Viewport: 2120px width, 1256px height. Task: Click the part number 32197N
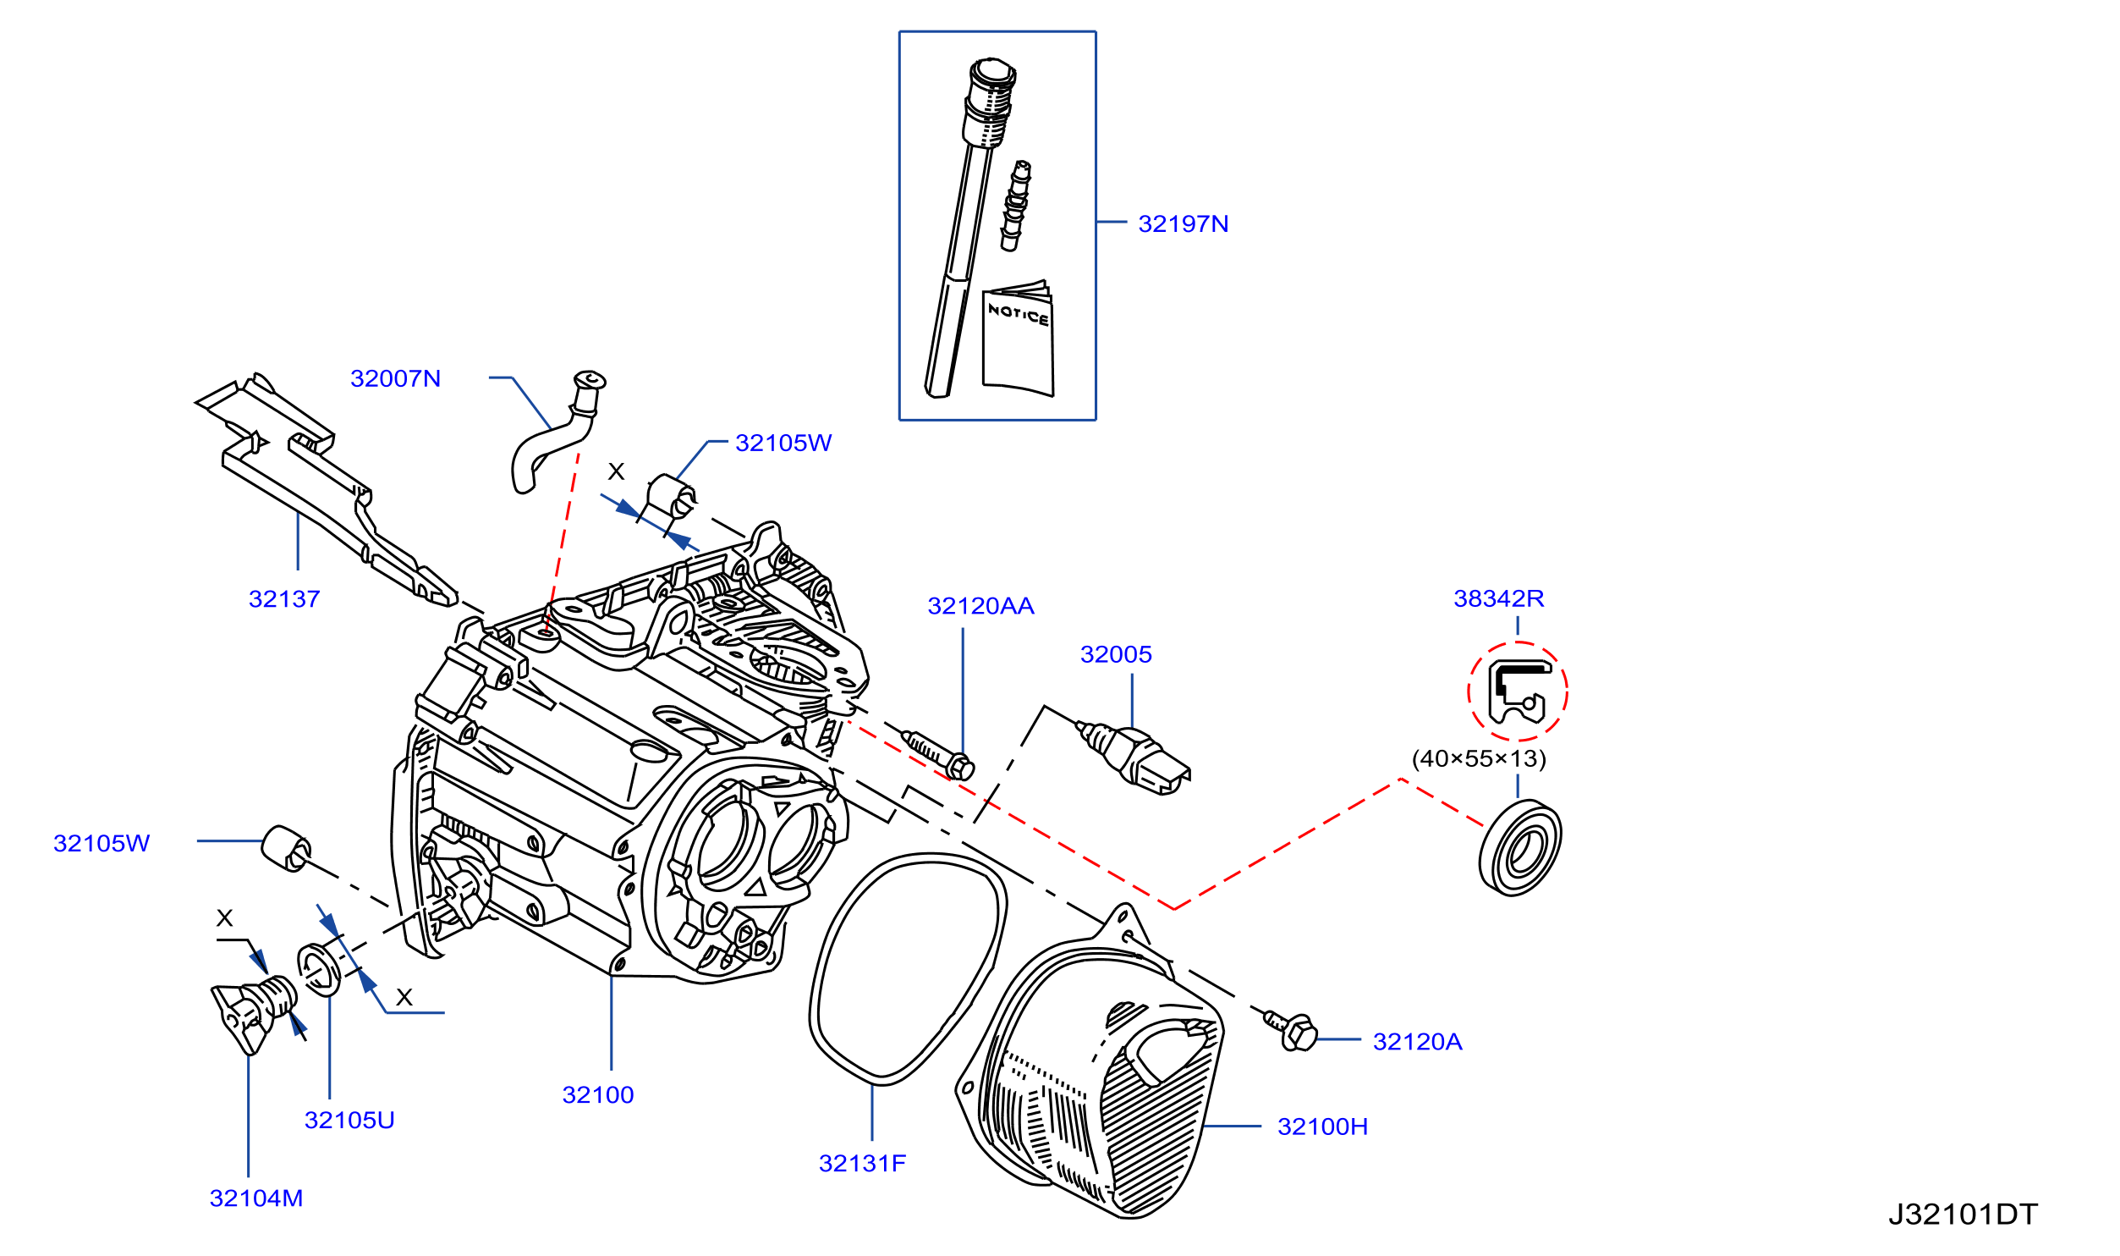click(x=1183, y=223)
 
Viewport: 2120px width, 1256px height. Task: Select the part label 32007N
click(x=395, y=378)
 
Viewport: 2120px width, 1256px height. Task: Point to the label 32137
click(x=284, y=599)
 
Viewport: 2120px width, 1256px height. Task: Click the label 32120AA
click(x=980, y=606)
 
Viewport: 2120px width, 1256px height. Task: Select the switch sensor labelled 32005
click(x=1133, y=757)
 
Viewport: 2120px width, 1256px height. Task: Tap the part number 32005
click(x=1116, y=654)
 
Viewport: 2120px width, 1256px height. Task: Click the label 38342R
click(x=1498, y=598)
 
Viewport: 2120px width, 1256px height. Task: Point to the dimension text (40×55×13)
click(x=1479, y=758)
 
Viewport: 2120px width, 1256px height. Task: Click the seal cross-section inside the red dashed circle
click(x=1519, y=692)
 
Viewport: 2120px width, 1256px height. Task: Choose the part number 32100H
click(x=1322, y=1127)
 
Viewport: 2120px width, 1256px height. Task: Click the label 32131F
click(x=862, y=1164)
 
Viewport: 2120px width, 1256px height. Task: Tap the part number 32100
click(x=598, y=1095)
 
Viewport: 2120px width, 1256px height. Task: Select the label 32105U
click(x=349, y=1121)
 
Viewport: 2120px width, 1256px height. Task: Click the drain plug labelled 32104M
click(x=252, y=1013)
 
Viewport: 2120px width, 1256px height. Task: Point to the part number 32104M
click(x=256, y=1198)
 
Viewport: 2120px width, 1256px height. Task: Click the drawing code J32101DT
click(x=1963, y=1215)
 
